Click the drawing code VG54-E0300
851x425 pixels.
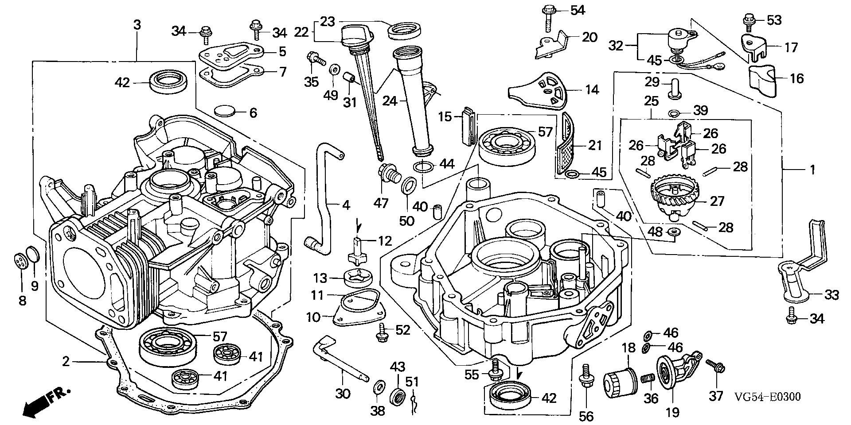click(767, 397)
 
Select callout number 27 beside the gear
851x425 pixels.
click(717, 201)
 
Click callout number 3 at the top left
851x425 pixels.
click(137, 25)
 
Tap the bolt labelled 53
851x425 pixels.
click(749, 20)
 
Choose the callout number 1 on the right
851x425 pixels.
click(812, 170)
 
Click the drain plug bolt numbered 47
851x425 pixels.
click(389, 175)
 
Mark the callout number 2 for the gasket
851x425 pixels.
click(66, 362)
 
